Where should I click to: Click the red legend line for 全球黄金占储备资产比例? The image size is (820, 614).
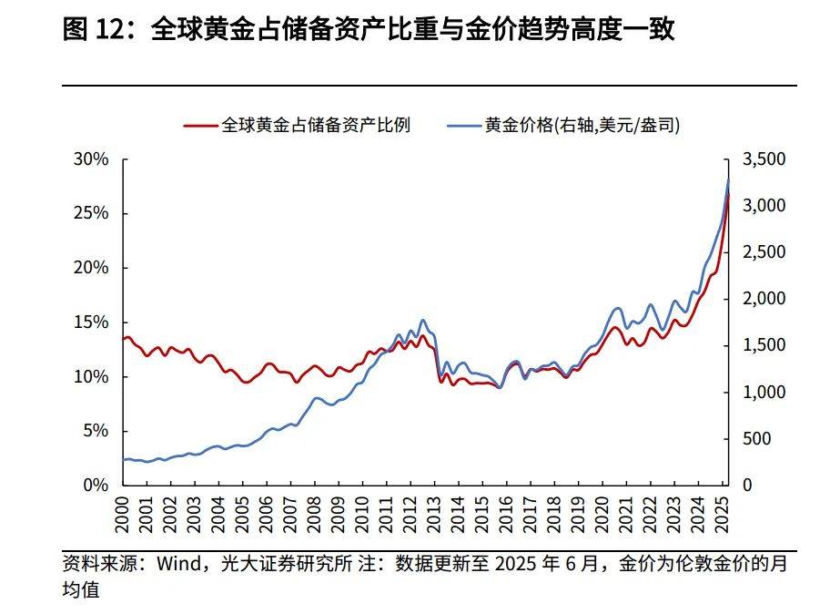pyautogui.click(x=199, y=126)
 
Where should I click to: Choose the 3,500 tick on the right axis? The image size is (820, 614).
pyautogui.click(x=764, y=159)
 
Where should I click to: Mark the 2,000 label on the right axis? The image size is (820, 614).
pyautogui.click(x=764, y=299)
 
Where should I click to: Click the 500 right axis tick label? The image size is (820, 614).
pyautogui.click(x=756, y=439)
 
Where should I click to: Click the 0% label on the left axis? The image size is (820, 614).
pyautogui.click(x=95, y=486)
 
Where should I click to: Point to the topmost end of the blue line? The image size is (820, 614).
pyautogui.click(x=729, y=179)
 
